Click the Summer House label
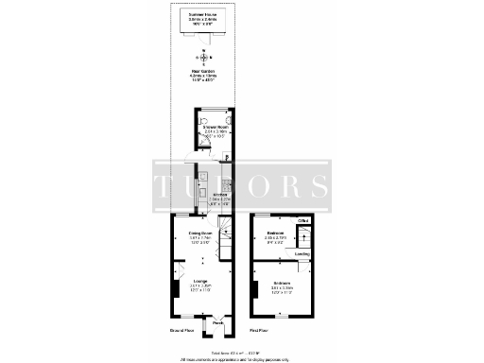click(x=200, y=16)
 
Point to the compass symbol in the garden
click(x=199, y=56)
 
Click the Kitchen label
click(x=219, y=196)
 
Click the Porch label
click(x=216, y=323)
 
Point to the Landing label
click(x=302, y=253)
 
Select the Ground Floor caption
click(x=181, y=332)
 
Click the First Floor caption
click(x=259, y=332)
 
